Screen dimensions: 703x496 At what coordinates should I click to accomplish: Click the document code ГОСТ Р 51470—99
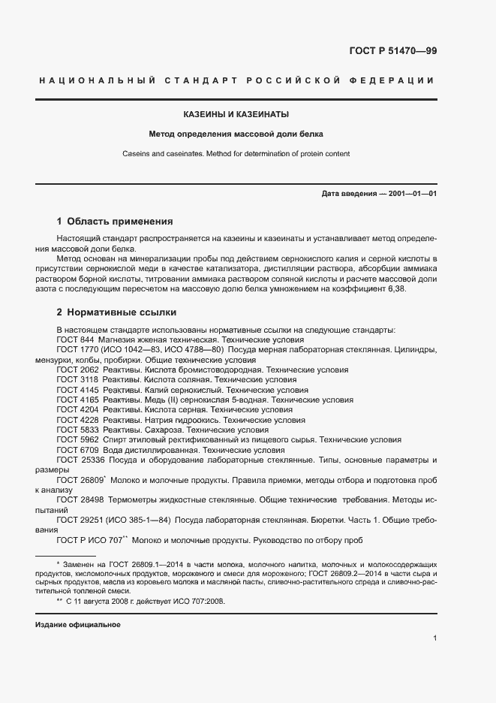click(x=392, y=51)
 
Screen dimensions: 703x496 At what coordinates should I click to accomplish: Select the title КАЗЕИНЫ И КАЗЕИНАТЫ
click(x=236, y=114)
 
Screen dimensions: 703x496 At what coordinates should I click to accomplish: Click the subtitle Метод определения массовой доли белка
click(x=236, y=135)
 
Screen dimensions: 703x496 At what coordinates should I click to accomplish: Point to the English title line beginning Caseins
click(x=236, y=154)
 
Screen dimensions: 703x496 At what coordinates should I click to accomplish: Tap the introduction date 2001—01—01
click(x=411, y=194)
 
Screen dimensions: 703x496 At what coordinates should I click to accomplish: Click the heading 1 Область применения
click(x=115, y=222)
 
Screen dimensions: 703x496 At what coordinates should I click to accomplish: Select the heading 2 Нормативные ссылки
click(x=117, y=312)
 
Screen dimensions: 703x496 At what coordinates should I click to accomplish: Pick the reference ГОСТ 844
click(x=75, y=339)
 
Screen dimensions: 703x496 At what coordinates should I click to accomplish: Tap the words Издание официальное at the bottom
click(x=77, y=625)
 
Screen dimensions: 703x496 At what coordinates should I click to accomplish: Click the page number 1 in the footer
click(x=434, y=638)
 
